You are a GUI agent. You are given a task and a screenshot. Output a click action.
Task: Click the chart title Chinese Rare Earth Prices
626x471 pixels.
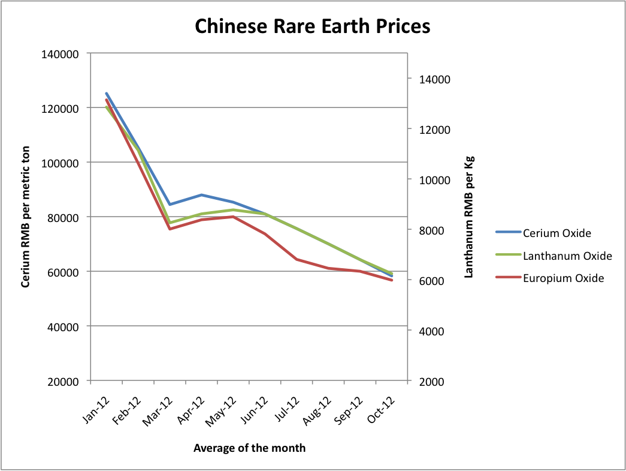tap(313, 27)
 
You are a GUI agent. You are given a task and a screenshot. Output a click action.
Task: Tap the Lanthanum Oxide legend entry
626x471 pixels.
tap(567, 256)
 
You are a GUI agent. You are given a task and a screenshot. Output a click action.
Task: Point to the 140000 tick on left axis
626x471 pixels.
tap(63, 53)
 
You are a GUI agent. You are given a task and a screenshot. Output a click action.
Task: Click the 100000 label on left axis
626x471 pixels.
tap(63, 163)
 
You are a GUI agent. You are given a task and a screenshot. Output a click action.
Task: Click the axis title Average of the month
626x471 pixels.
tap(250, 448)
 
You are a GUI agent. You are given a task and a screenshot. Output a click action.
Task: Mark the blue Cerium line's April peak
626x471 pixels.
tap(201, 194)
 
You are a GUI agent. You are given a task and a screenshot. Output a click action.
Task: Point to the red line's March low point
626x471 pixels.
tap(170, 229)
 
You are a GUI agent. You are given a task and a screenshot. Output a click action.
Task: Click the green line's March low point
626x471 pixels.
tap(170, 223)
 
